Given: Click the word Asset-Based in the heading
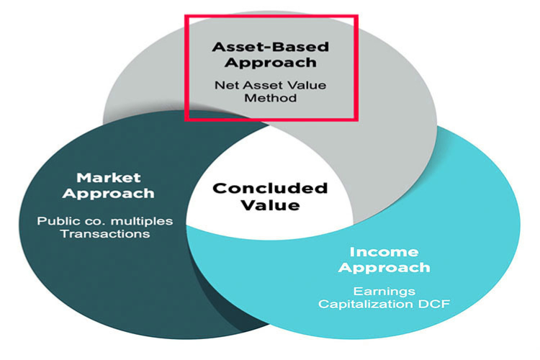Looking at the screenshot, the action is (x=270, y=47).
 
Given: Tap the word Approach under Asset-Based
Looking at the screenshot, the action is (x=270, y=63).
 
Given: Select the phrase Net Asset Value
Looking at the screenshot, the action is (x=270, y=85).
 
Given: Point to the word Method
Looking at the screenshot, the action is (x=270, y=98).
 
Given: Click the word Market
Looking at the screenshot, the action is (x=109, y=178).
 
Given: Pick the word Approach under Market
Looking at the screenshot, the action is (x=109, y=194).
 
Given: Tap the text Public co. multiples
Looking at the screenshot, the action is (x=105, y=221).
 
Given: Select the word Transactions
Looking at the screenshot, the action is (x=105, y=234).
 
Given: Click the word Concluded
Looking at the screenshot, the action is (x=270, y=189).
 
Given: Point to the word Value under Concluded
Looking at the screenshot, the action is (x=270, y=205).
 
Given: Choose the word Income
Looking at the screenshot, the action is (x=384, y=252).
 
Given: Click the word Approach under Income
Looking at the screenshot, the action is (x=384, y=268).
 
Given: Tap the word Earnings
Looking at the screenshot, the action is (x=384, y=292).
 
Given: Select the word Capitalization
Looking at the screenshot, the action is (x=366, y=304).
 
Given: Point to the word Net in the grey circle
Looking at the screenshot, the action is (x=224, y=85).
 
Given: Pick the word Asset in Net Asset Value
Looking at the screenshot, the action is (x=256, y=85).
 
